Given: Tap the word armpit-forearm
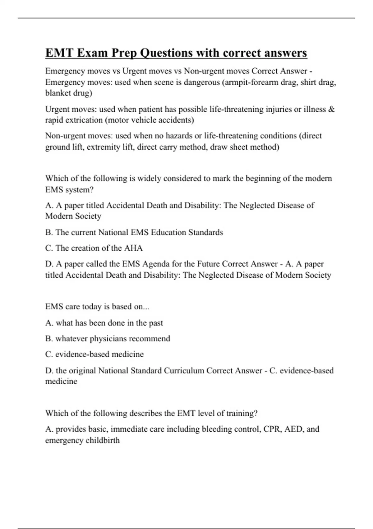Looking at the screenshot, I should [252, 82].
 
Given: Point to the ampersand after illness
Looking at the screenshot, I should [331, 109].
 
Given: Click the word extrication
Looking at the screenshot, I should [83, 120].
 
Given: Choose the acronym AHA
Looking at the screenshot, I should [133, 248].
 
